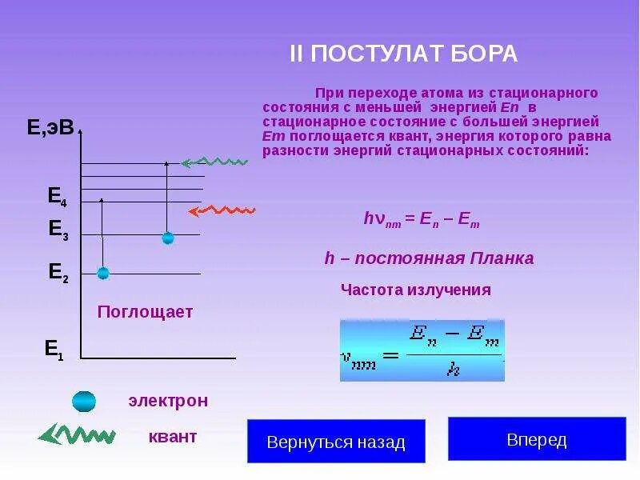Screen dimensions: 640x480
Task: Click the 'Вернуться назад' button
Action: [x=336, y=442]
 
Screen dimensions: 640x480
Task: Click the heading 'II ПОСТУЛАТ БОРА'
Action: [x=403, y=54]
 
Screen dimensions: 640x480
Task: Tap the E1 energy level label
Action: [x=54, y=349]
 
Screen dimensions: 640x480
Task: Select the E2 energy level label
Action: [x=58, y=273]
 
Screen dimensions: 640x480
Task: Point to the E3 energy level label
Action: [x=58, y=230]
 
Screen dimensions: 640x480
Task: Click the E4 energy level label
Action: [x=58, y=196]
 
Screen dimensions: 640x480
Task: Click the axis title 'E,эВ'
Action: [x=50, y=128]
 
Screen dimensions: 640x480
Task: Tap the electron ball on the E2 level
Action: [x=102, y=274]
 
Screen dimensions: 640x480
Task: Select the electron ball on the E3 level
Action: [x=167, y=238]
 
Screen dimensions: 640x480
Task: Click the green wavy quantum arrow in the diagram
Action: [x=214, y=162]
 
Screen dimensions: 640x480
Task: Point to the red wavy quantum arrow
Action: [x=222, y=210]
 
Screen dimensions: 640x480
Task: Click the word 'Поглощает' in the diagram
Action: [x=145, y=312]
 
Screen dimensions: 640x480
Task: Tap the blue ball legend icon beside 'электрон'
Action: [x=84, y=401]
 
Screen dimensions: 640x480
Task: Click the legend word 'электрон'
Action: [x=168, y=401]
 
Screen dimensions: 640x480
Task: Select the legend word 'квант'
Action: [x=172, y=437]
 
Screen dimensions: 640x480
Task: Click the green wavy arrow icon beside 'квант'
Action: [x=77, y=435]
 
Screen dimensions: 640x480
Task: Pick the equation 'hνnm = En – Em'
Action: [x=422, y=219]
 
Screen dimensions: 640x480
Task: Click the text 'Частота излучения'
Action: [x=416, y=290]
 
